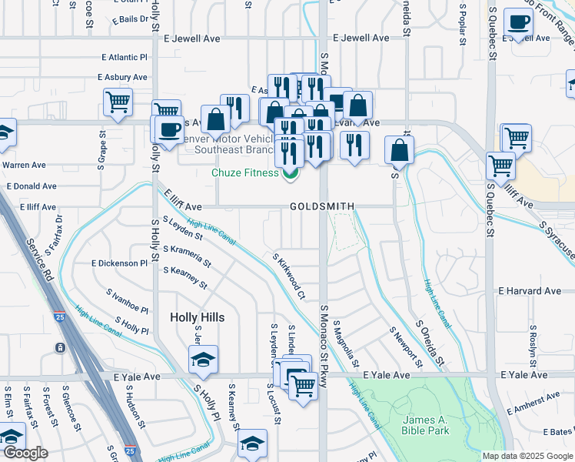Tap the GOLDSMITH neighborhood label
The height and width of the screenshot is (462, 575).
click(x=322, y=206)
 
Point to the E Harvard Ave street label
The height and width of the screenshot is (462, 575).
click(x=530, y=291)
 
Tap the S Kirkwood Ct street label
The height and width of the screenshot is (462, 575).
click(x=290, y=276)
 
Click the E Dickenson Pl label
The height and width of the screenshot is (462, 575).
click(x=119, y=263)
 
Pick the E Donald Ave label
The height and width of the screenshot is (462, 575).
click(x=32, y=186)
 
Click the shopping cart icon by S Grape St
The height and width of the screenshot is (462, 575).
click(x=118, y=102)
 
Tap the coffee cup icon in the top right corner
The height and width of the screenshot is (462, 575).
click(x=518, y=23)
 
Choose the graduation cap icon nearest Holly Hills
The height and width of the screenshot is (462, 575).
click(x=203, y=360)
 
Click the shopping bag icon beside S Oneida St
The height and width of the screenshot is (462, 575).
click(x=399, y=150)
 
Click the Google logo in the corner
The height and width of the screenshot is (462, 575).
click(x=25, y=453)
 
